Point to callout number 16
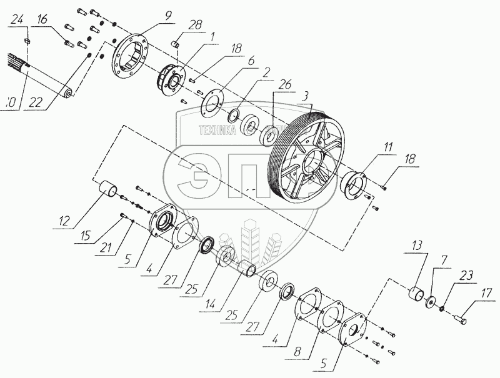pyautogui.click(x=42, y=21)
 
